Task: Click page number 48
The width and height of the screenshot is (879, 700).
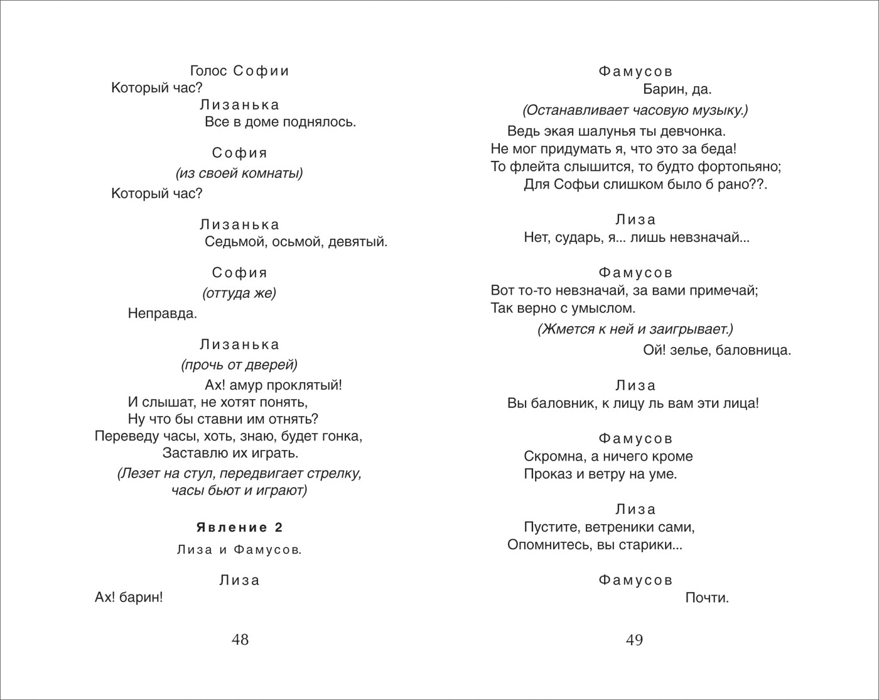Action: (x=240, y=640)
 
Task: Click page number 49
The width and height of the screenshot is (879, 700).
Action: (x=634, y=640)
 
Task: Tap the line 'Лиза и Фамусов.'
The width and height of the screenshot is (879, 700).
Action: (x=239, y=550)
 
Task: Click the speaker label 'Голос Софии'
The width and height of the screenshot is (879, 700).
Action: (x=239, y=71)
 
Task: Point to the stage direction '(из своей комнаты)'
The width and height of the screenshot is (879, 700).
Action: (x=239, y=173)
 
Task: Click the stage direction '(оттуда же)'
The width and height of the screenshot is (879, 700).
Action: (x=239, y=293)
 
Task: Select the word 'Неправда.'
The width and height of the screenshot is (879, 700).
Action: (x=163, y=313)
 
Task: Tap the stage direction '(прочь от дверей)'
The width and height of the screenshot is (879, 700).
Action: (x=239, y=364)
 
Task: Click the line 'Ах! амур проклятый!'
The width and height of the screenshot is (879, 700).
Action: (x=274, y=385)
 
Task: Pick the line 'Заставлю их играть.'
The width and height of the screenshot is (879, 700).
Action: (x=230, y=452)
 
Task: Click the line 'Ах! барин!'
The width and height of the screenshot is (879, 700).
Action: (x=129, y=598)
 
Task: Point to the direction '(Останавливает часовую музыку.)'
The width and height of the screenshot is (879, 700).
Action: (x=635, y=111)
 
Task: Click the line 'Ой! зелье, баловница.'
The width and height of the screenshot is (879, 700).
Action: (x=717, y=350)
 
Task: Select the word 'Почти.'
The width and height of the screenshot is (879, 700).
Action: (x=707, y=598)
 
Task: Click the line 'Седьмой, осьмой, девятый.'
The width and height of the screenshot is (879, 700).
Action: (x=296, y=241)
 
